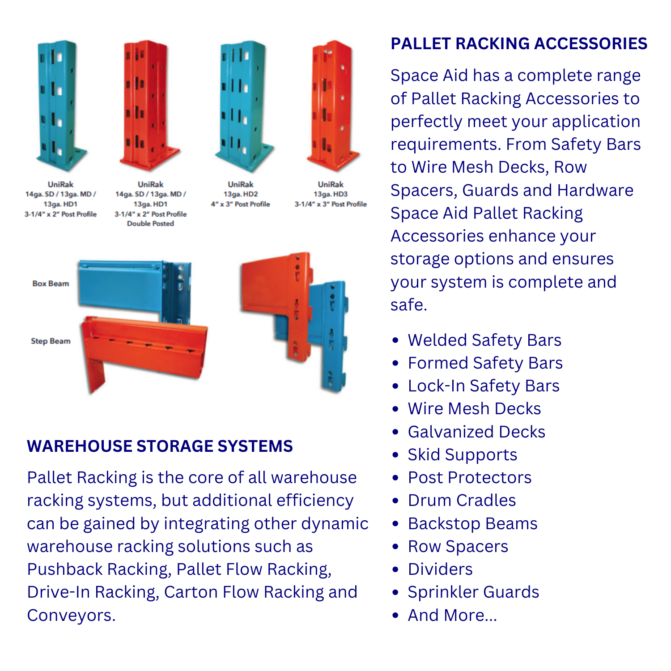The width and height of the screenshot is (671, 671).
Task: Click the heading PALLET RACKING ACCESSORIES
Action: pyautogui.click(x=518, y=44)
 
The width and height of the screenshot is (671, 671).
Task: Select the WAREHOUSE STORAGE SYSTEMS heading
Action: pyautogui.click(x=160, y=446)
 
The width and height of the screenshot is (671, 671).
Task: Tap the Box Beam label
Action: pyautogui.click(x=51, y=284)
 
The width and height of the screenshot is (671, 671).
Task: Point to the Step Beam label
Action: pyautogui.click(x=51, y=341)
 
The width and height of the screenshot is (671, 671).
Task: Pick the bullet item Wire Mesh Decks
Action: pyautogui.click(x=474, y=409)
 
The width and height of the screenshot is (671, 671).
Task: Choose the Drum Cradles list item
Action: pyautogui.click(x=462, y=501)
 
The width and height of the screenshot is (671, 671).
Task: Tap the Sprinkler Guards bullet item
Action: pyautogui.click(x=473, y=592)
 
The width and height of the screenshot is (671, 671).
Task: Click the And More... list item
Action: pyautogui.click(x=452, y=616)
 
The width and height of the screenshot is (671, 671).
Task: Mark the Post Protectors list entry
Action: pyautogui.click(x=469, y=478)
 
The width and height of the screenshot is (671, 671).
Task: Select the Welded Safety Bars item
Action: pyautogui.click(x=484, y=340)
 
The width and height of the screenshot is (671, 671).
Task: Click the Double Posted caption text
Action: pyautogui.click(x=150, y=224)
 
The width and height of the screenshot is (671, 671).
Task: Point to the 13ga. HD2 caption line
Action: pyautogui.click(x=241, y=194)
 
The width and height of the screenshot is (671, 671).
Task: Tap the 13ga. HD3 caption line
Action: pyautogui.click(x=331, y=194)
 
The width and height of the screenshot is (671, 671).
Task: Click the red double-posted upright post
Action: pyautogui.click(x=148, y=103)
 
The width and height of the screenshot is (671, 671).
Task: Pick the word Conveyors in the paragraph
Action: pyautogui.click(x=71, y=616)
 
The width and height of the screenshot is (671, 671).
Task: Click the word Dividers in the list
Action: pyautogui.click(x=440, y=569)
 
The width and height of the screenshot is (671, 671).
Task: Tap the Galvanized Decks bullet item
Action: pyautogui.click(x=476, y=432)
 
